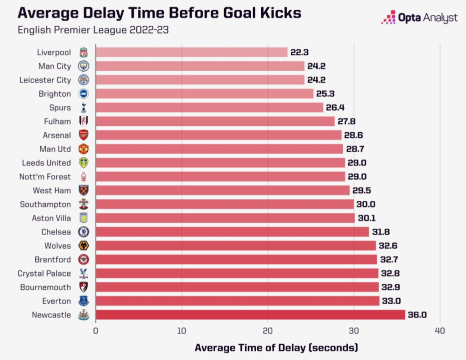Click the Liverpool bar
[x=191, y=52]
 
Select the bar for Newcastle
[x=250, y=314]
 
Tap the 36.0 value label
[x=417, y=314]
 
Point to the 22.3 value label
[x=300, y=52]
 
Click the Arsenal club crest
[x=83, y=135]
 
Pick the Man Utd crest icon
[x=83, y=148]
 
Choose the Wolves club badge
[x=83, y=245]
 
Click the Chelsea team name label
[x=56, y=231]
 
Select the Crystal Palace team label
[x=44, y=273]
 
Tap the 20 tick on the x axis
[x=268, y=330]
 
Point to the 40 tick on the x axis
[x=440, y=330]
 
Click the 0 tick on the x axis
[x=95, y=330]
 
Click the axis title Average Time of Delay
[x=276, y=347]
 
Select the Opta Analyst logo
[x=419, y=18]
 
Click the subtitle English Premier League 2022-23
[x=93, y=30]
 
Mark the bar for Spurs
[x=209, y=107]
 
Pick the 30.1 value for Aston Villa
[x=367, y=218]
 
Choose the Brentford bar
[x=236, y=259]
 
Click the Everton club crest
[x=83, y=300]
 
